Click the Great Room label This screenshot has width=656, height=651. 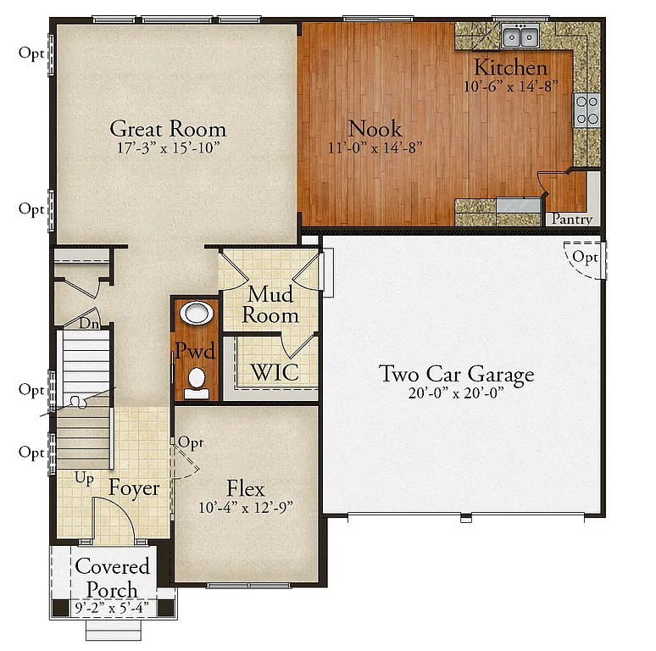[x=168, y=129]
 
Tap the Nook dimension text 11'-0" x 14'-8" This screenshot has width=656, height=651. [x=375, y=147]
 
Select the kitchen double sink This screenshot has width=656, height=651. [x=519, y=36]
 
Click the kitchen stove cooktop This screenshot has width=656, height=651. [x=587, y=109]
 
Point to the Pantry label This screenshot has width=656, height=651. [x=571, y=219]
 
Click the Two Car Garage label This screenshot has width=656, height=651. [x=456, y=374]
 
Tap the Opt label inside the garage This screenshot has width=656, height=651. [x=585, y=257]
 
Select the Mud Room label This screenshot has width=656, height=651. [x=271, y=305]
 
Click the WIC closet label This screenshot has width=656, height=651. [x=272, y=372]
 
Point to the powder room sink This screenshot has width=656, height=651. [x=197, y=314]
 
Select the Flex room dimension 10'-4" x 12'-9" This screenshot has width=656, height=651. [x=246, y=508]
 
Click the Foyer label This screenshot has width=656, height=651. [x=134, y=489]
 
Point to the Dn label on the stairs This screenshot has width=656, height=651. [x=87, y=323]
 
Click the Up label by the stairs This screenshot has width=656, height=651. [x=85, y=478]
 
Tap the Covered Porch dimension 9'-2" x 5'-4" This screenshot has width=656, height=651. [x=113, y=607]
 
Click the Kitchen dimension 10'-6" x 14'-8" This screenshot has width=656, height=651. [x=510, y=86]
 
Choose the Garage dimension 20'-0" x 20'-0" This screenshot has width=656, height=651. [x=456, y=392]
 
